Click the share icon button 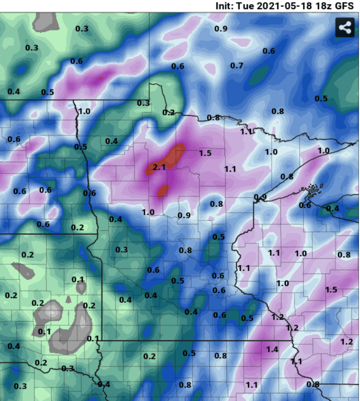(344, 27)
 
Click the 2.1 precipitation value (159, 167)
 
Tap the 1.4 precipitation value (272, 349)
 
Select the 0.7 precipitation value (237, 66)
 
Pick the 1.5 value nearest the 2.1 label (205, 153)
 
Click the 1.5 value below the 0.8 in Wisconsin (331, 289)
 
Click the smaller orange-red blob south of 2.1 (163, 191)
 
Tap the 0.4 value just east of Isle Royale (333, 208)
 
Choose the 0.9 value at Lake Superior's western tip (260, 197)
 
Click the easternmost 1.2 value (346, 342)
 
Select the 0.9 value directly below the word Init (221, 28)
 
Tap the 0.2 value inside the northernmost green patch (169, 112)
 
